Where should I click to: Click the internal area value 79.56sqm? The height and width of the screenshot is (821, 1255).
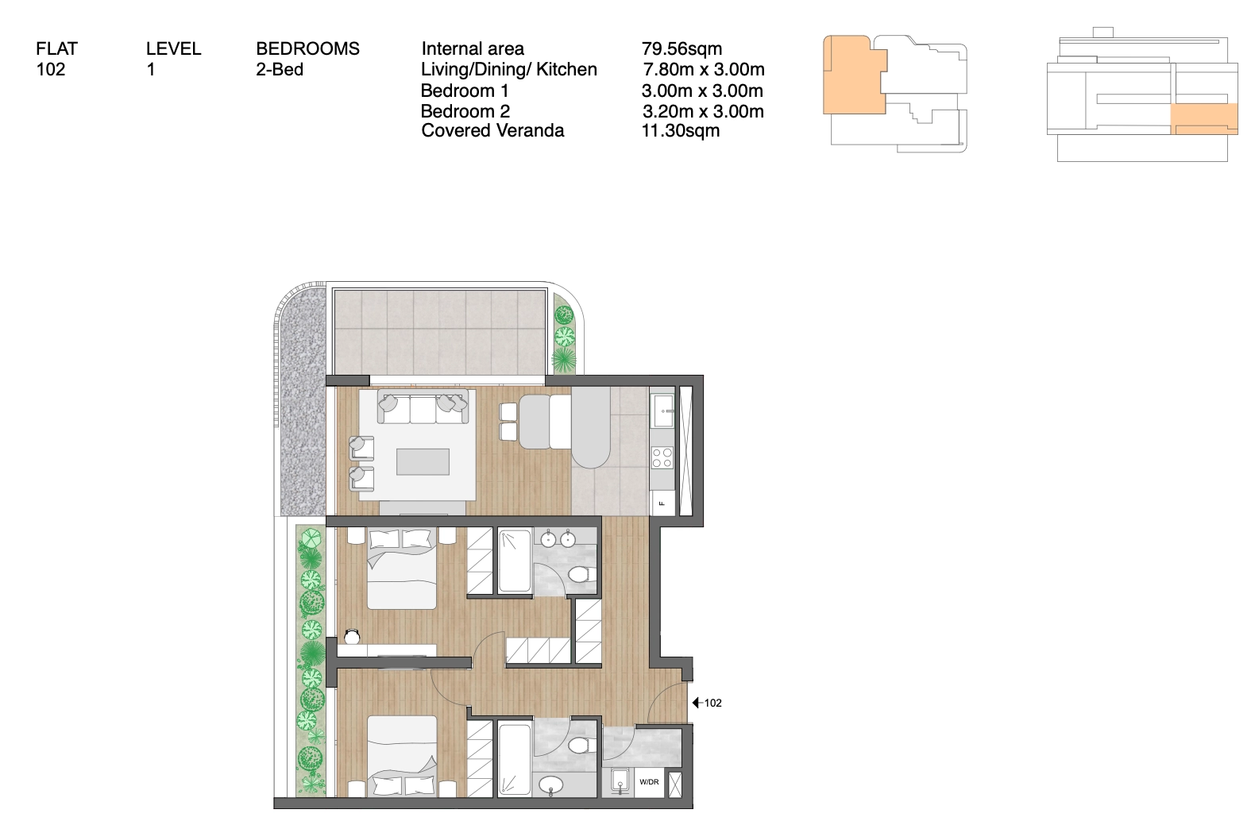pos(682,48)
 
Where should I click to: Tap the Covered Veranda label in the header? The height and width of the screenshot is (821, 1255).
pos(492,130)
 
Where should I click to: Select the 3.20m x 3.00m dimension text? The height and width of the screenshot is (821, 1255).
pos(703,111)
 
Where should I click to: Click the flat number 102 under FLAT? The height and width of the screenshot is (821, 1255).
pos(51,69)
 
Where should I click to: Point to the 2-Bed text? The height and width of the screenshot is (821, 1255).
pos(280,69)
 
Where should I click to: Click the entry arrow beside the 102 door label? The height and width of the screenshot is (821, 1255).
pos(697,703)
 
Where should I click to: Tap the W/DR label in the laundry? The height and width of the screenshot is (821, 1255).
pos(650,782)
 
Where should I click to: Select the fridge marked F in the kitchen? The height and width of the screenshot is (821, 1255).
pos(662,503)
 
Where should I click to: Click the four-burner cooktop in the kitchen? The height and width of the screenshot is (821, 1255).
pos(662,457)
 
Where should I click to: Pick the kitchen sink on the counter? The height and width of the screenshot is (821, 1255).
pos(662,410)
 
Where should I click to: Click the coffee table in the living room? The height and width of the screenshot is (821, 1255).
pos(423,462)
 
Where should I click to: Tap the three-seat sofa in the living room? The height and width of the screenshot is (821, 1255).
pos(423,407)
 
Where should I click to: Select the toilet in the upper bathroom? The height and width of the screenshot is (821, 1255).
pos(579,574)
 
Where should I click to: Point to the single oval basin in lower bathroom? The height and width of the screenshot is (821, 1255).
pos(550,785)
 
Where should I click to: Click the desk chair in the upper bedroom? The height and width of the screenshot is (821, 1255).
pos(352,637)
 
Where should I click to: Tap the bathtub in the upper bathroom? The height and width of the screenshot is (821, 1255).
pos(515,561)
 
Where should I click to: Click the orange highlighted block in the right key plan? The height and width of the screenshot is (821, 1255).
pos(1204,119)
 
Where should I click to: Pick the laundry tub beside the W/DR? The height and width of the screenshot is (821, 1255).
pos(620,782)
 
